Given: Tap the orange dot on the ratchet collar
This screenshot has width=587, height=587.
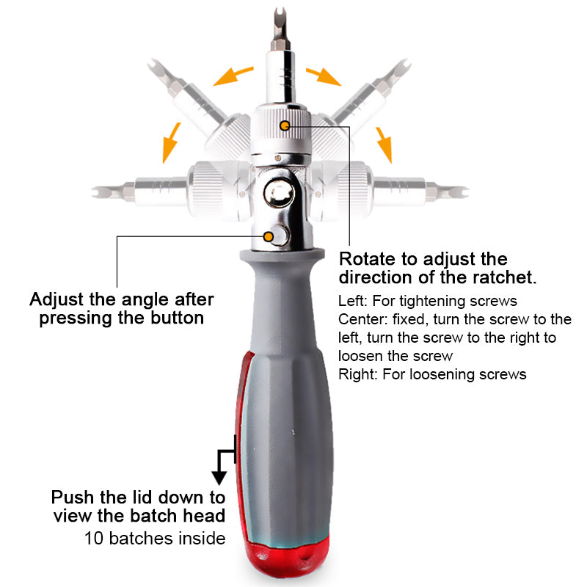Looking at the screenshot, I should tap(284, 126).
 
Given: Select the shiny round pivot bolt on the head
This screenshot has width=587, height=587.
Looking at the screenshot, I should tap(280, 194).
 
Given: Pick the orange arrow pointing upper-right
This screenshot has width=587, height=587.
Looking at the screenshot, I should tap(323, 75).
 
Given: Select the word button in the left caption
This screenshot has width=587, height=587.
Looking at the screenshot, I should tap(173, 318).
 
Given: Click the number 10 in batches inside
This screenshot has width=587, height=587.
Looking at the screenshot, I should tap(94, 539).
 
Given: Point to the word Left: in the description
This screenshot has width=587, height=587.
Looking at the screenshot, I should tap(355, 301).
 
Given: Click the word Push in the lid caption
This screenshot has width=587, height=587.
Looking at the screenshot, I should tap(72, 497).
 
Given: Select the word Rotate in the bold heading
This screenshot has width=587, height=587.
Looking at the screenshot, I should tap(366, 259).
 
